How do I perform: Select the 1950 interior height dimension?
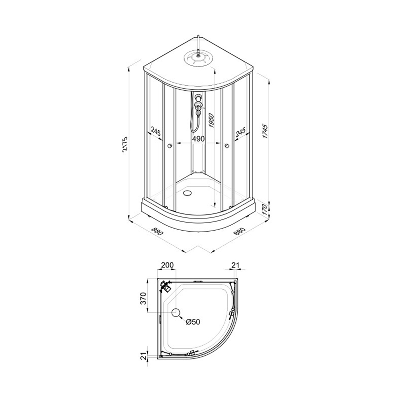pyautogui.click(x=211, y=121)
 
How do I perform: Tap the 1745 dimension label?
pyautogui.click(x=265, y=131)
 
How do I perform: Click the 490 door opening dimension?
pyautogui.click(x=198, y=139)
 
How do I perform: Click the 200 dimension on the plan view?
pyautogui.click(x=167, y=265)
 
